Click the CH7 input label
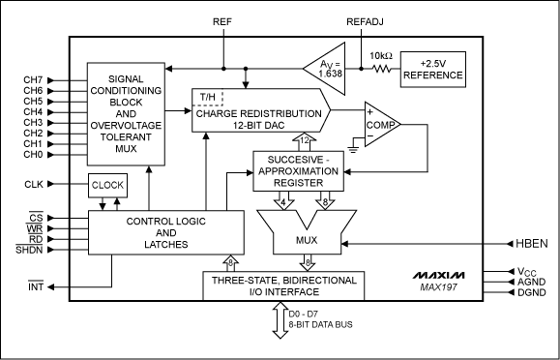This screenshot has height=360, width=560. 33,80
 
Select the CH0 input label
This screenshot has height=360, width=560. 33,155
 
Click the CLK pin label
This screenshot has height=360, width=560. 34,183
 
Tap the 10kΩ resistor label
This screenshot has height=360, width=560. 378,57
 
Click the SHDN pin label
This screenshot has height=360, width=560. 34,250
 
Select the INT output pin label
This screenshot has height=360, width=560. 34,286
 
